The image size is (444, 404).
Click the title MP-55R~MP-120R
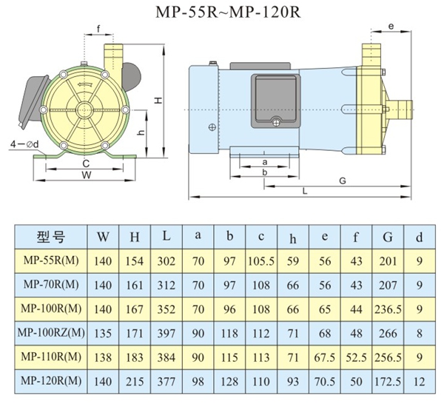click(x=221, y=13)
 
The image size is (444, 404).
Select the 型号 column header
click(x=51, y=238)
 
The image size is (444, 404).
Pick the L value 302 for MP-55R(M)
click(x=166, y=261)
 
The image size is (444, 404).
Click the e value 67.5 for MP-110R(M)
click(x=326, y=357)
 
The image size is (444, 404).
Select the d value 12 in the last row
click(x=419, y=382)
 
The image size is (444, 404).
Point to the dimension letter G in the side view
click(x=342, y=181)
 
